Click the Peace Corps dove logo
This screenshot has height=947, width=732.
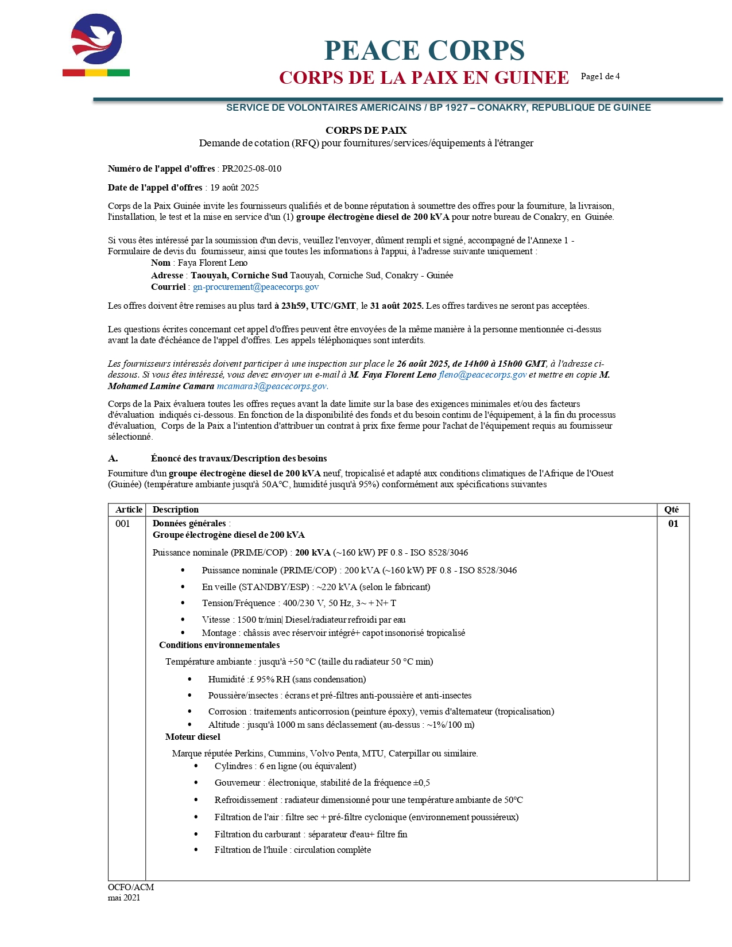96,40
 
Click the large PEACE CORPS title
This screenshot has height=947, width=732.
424,51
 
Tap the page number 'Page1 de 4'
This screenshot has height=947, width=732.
600,76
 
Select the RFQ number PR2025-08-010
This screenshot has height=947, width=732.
251,169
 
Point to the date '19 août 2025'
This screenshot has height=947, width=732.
234,188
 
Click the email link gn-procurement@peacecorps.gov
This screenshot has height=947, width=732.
255,287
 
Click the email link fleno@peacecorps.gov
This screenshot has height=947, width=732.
482,375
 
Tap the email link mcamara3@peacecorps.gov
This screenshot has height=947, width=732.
272,386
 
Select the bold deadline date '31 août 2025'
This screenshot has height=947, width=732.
396,306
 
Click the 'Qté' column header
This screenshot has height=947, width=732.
671,510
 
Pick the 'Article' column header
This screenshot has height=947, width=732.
129,510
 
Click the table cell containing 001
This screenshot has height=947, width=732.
123,523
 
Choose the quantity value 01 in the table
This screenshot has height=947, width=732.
673,523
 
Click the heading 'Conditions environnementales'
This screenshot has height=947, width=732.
219,645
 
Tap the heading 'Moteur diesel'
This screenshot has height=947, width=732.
192,737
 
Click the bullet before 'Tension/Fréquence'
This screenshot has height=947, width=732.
183,603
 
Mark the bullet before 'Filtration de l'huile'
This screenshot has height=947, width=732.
196,850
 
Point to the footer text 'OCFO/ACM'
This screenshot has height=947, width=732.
131,887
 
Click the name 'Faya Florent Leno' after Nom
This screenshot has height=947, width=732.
212,263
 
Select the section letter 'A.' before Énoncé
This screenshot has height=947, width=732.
113,459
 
